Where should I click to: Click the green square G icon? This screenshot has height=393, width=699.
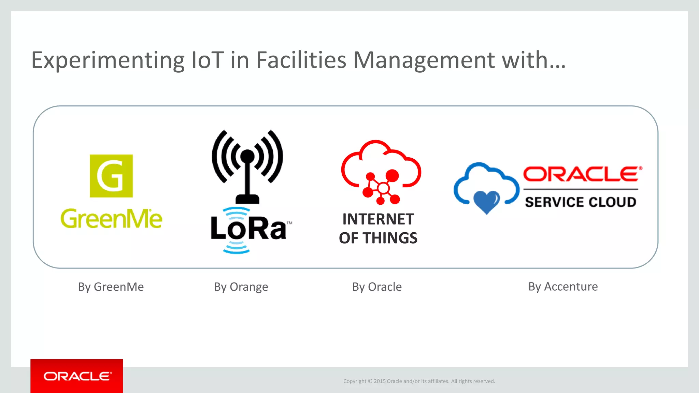111,176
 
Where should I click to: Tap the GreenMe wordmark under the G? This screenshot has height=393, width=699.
111,219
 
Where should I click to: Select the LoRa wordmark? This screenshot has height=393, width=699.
248,228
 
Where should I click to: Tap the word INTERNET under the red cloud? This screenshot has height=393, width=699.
378,219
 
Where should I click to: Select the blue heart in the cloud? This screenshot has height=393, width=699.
487,201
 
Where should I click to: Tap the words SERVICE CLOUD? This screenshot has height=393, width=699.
581,202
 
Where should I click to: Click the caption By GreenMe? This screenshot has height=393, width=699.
111,287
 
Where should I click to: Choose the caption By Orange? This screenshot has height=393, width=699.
241,287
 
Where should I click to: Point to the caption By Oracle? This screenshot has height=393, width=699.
377,287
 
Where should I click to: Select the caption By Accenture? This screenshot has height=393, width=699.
563,287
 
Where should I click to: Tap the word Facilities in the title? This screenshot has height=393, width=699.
301,60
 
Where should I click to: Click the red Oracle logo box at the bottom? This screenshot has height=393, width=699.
77,376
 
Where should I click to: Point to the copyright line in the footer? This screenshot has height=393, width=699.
419,381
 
